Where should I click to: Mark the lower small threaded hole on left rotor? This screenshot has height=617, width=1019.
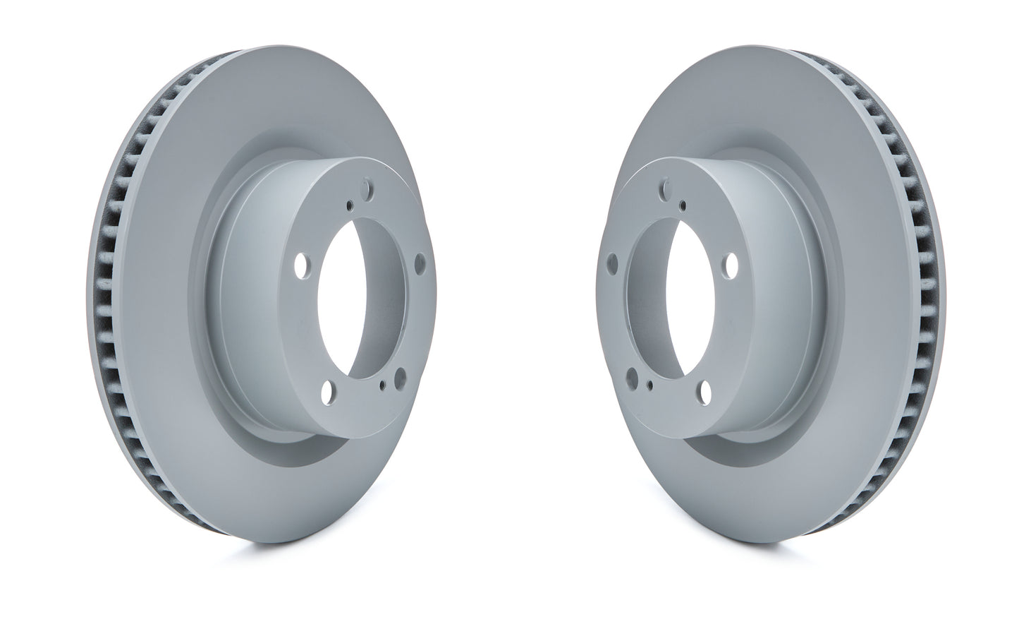382,385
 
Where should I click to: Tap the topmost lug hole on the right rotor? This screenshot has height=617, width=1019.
663,189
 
